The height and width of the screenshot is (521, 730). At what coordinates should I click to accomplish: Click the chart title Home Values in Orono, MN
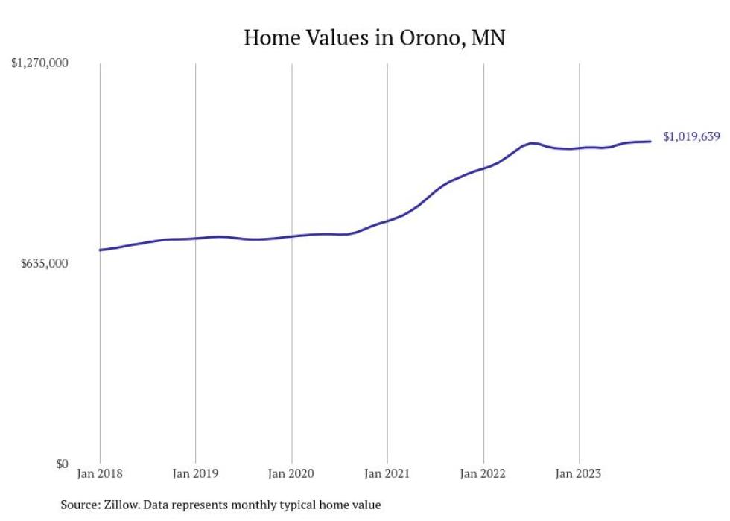click(x=375, y=38)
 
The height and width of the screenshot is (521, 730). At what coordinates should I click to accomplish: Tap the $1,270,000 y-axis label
click(x=39, y=64)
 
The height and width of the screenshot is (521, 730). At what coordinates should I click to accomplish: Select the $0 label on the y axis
click(x=61, y=464)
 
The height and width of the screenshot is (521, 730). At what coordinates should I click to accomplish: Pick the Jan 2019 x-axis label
click(x=195, y=473)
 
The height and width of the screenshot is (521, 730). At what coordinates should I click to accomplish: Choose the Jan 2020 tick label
click(x=291, y=473)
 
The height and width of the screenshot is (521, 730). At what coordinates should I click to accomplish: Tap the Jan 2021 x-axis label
click(x=387, y=473)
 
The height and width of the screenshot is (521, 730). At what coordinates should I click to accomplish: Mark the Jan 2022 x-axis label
click(x=483, y=473)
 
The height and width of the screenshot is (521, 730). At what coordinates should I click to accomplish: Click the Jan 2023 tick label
click(x=579, y=473)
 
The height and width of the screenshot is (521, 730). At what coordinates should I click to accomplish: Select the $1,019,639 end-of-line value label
click(x=691, y=137)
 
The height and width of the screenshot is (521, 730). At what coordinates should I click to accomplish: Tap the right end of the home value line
click(x=651, y=142)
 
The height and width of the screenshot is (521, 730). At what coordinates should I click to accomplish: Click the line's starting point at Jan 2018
click(x=100, y=250)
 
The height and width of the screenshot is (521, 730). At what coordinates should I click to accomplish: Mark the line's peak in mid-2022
click(x=531, y=142)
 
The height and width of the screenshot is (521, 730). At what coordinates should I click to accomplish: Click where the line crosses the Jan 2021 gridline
click(x=387, y=221)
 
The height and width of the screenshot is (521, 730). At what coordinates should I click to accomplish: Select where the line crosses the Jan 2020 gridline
click(x=291, y=236)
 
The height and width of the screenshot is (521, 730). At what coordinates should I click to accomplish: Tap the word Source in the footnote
click(x=77, y=505)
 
